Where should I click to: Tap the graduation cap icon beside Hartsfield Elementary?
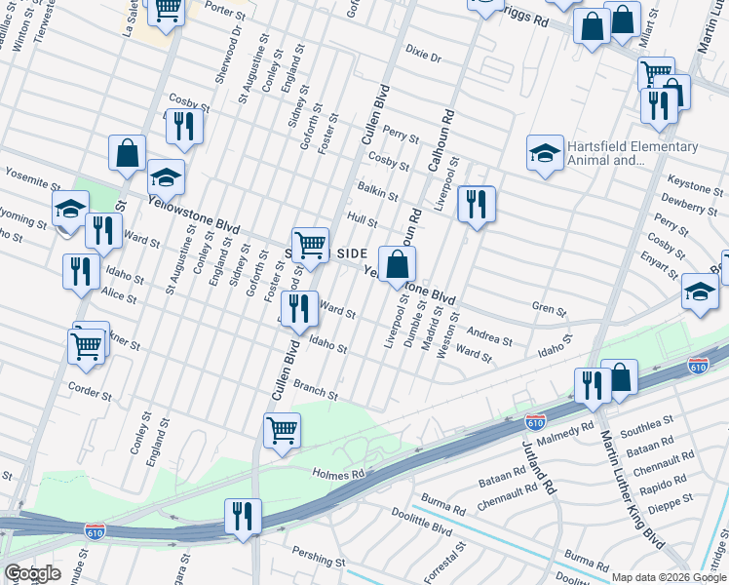545,153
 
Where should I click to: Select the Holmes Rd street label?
337,474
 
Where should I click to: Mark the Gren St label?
548,310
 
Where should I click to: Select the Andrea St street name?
489,335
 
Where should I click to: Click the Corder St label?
90,386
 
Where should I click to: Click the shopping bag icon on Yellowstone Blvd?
398,264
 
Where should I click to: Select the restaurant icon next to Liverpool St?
476,205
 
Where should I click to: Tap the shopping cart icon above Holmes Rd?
282,429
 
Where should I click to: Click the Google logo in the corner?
32,573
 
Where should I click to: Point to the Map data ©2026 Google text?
668,577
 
